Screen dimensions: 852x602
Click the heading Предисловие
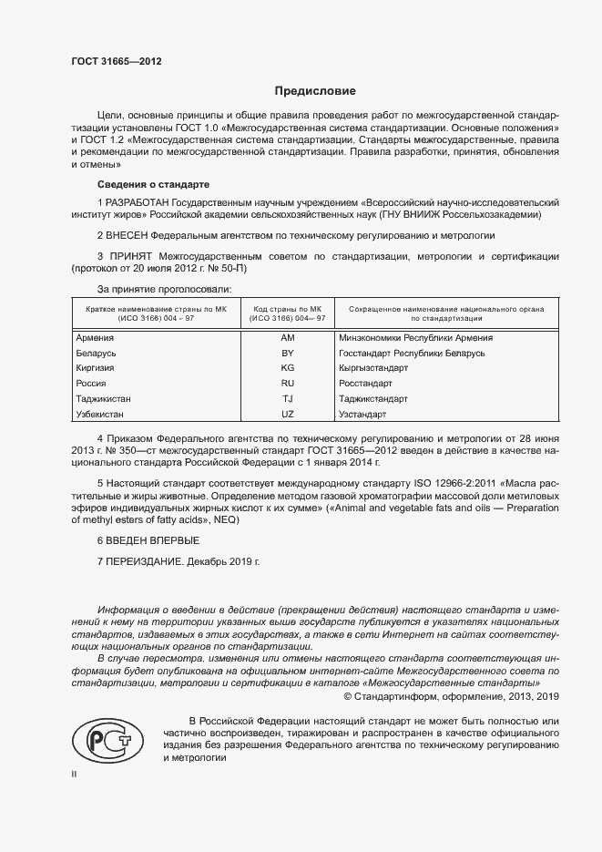click(316, 91)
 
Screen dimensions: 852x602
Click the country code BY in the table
click(288, 353)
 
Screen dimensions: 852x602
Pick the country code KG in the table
click(288, 368)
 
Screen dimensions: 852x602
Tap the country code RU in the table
click(288, 384)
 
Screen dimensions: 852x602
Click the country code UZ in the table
click(288, 415)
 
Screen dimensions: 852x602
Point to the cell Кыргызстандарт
click(373, 368)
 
